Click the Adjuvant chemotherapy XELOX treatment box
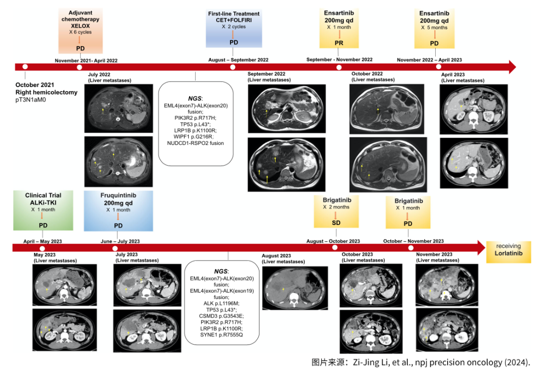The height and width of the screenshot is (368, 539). pyautogui.click(x=80, y=30)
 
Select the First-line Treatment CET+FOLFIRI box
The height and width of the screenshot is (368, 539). pyautogui.click(x=234, y=27)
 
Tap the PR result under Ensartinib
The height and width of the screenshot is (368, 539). pyautogui.click(x=339, y=43)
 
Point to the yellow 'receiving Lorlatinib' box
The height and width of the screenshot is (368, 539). pyautogui.click(x=509, y=250)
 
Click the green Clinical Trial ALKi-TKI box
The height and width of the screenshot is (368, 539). pyautogui.click(x=43, y=210)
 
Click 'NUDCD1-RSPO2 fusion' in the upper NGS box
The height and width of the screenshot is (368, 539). pyautogui.click(x=196, y=143)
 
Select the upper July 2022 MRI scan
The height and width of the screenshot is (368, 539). pyautogui.click(x=119, y=108)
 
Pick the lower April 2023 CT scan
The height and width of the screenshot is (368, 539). pyautogui.click(x=473, y=163)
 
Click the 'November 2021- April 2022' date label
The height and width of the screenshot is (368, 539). pyautogui.click(x=86, y=60)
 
